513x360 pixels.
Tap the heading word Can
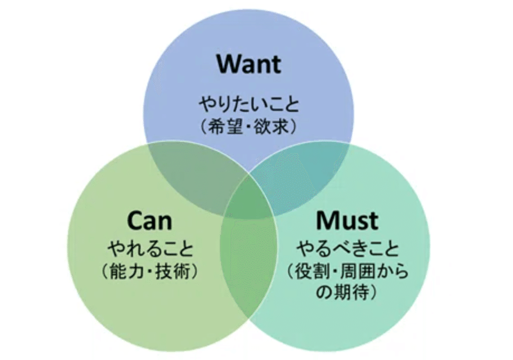149,220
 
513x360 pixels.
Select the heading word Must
347,220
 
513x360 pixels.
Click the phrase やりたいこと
249,105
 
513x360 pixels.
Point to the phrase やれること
150,249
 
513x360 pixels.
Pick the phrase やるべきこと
347,249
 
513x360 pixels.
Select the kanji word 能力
127,272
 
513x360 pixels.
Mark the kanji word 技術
173,272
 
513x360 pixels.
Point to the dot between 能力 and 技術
150,272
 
